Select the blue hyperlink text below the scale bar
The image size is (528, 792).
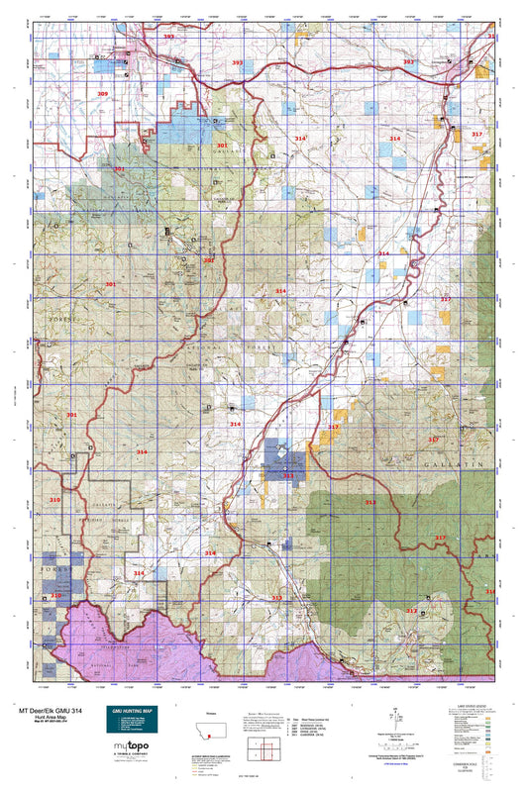pyautogui.click(x=380, y=758)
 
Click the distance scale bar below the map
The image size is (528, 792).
pyautogui.click(x=380, y=735)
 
